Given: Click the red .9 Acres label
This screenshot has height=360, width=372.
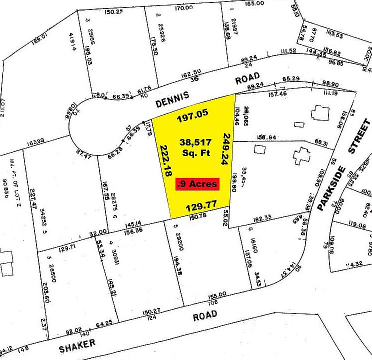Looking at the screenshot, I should [197, 184].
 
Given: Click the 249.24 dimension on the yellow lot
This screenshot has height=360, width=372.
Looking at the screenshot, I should [226, 148].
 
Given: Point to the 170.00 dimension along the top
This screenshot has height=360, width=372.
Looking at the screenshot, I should [184, 8].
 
